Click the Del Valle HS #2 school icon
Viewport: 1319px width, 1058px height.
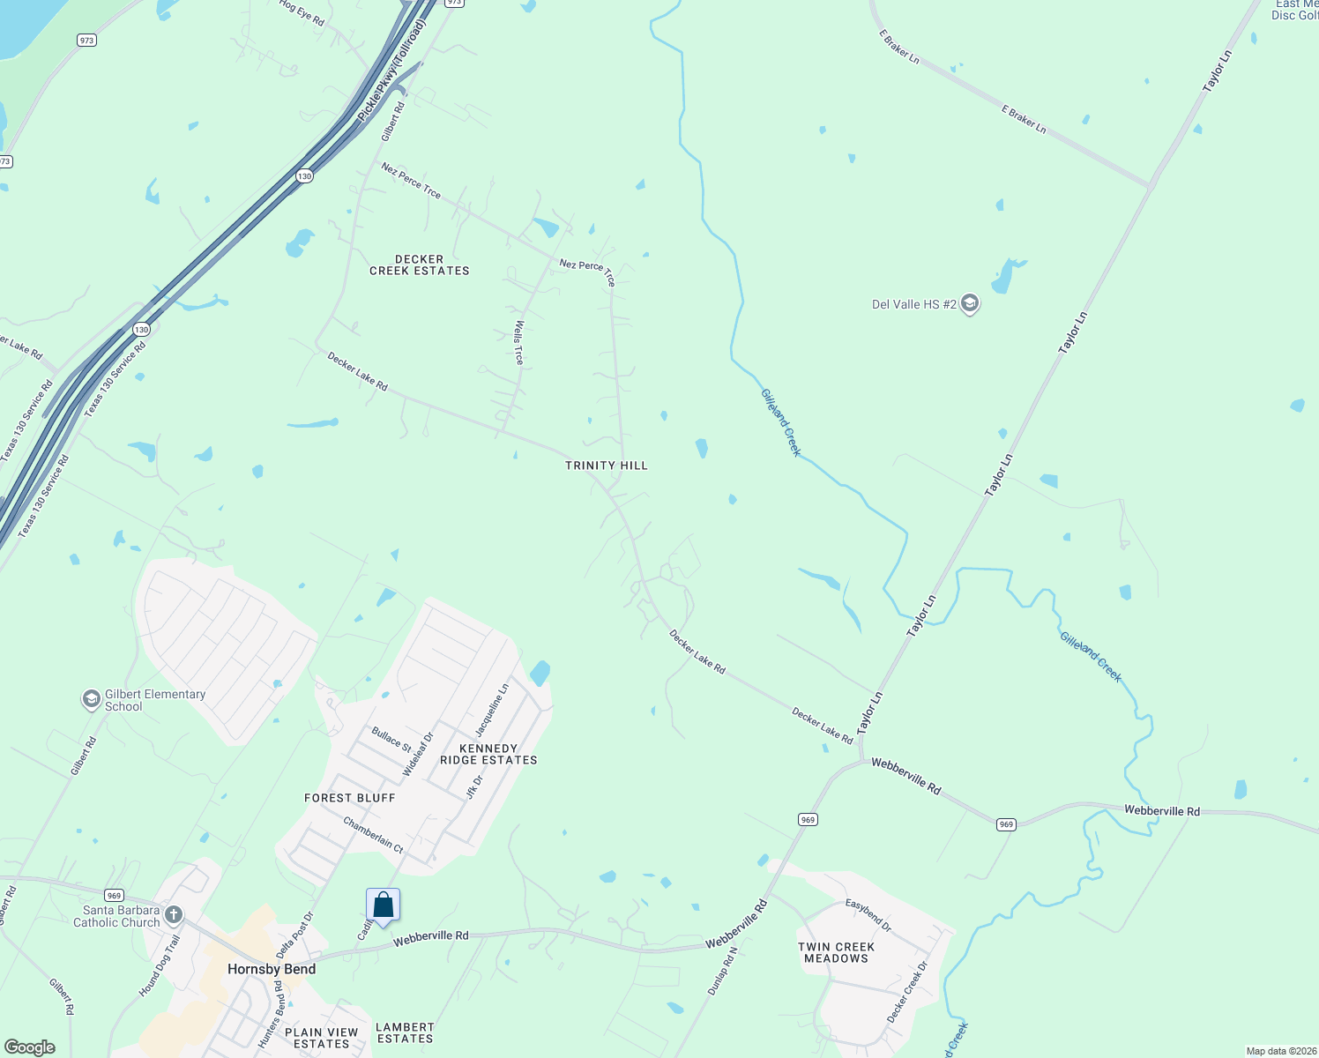point(970,305)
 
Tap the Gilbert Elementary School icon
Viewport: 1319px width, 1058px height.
point(91,700)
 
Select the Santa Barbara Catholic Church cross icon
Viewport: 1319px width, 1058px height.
point(174,914)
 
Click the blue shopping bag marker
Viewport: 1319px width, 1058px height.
point(384,905)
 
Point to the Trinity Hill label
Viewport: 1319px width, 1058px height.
point(607,466)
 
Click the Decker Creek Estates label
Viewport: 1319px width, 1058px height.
point(420,265)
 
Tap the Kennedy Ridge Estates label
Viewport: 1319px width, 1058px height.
point(488,754)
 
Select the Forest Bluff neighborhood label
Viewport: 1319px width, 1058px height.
point(350,798)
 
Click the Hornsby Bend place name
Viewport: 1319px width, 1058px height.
point(272,969)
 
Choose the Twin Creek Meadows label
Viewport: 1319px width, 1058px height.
point(836,952)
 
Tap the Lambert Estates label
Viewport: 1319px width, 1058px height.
point(405,1032)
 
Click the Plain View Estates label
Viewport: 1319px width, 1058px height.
point(322,1038)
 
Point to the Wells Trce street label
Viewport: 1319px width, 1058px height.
point(519,342)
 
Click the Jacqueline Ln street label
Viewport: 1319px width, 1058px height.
point(492,711)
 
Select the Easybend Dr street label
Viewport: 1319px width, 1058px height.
point(868,915)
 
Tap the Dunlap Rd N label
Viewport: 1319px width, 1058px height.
point(721,972)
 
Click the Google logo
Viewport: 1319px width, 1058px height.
point(30,1047)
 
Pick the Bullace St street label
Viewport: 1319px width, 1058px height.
point(391,739)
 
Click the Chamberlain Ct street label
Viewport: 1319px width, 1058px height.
point(373,835)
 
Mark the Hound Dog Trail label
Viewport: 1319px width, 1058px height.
point(159,966)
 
